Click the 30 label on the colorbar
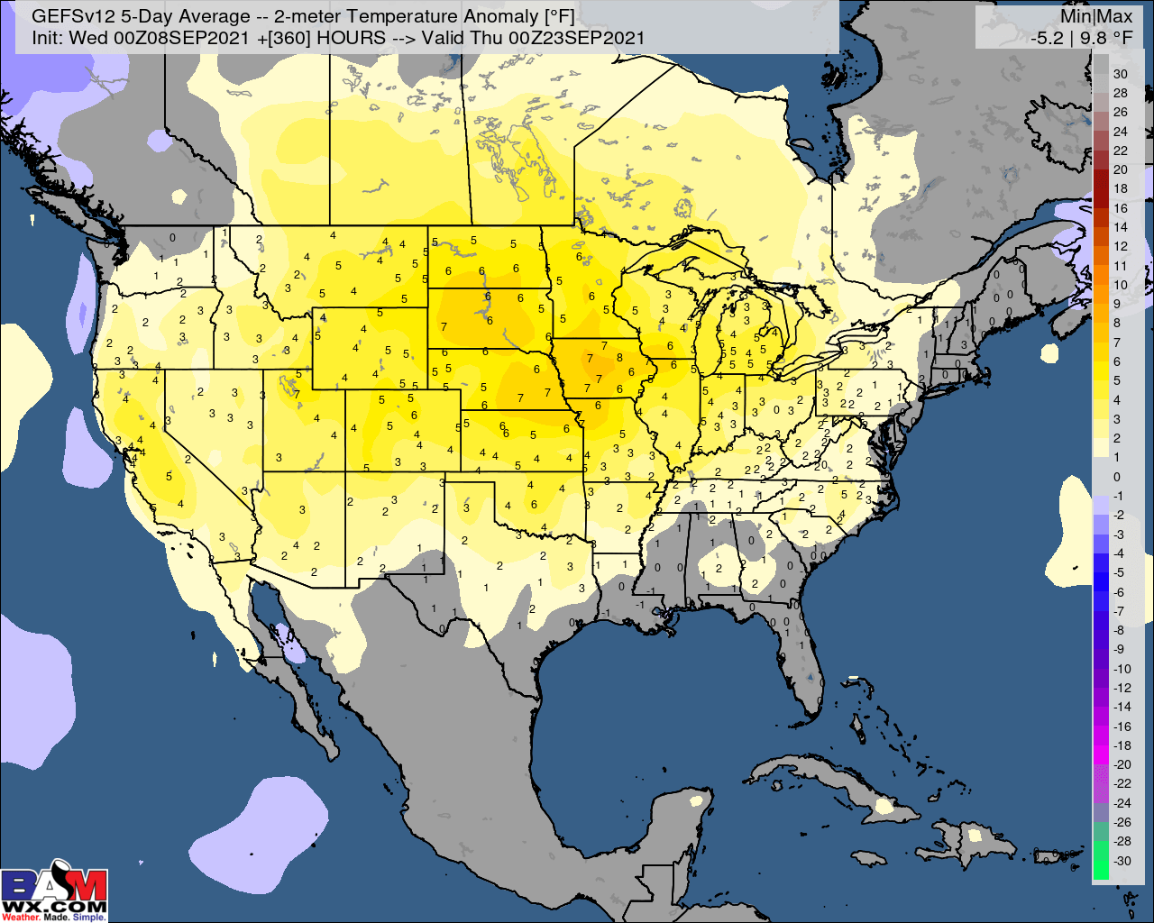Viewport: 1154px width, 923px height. (x=1121, y=74)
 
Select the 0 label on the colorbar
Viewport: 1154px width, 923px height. (x=1117, y=477)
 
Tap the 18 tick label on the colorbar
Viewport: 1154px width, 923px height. (x=1121, y=189)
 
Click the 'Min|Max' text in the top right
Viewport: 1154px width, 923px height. (x=1096, y=16)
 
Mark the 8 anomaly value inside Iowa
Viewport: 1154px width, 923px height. (x=619, y=358)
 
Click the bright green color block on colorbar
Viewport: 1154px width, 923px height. (x=1101, y=862)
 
